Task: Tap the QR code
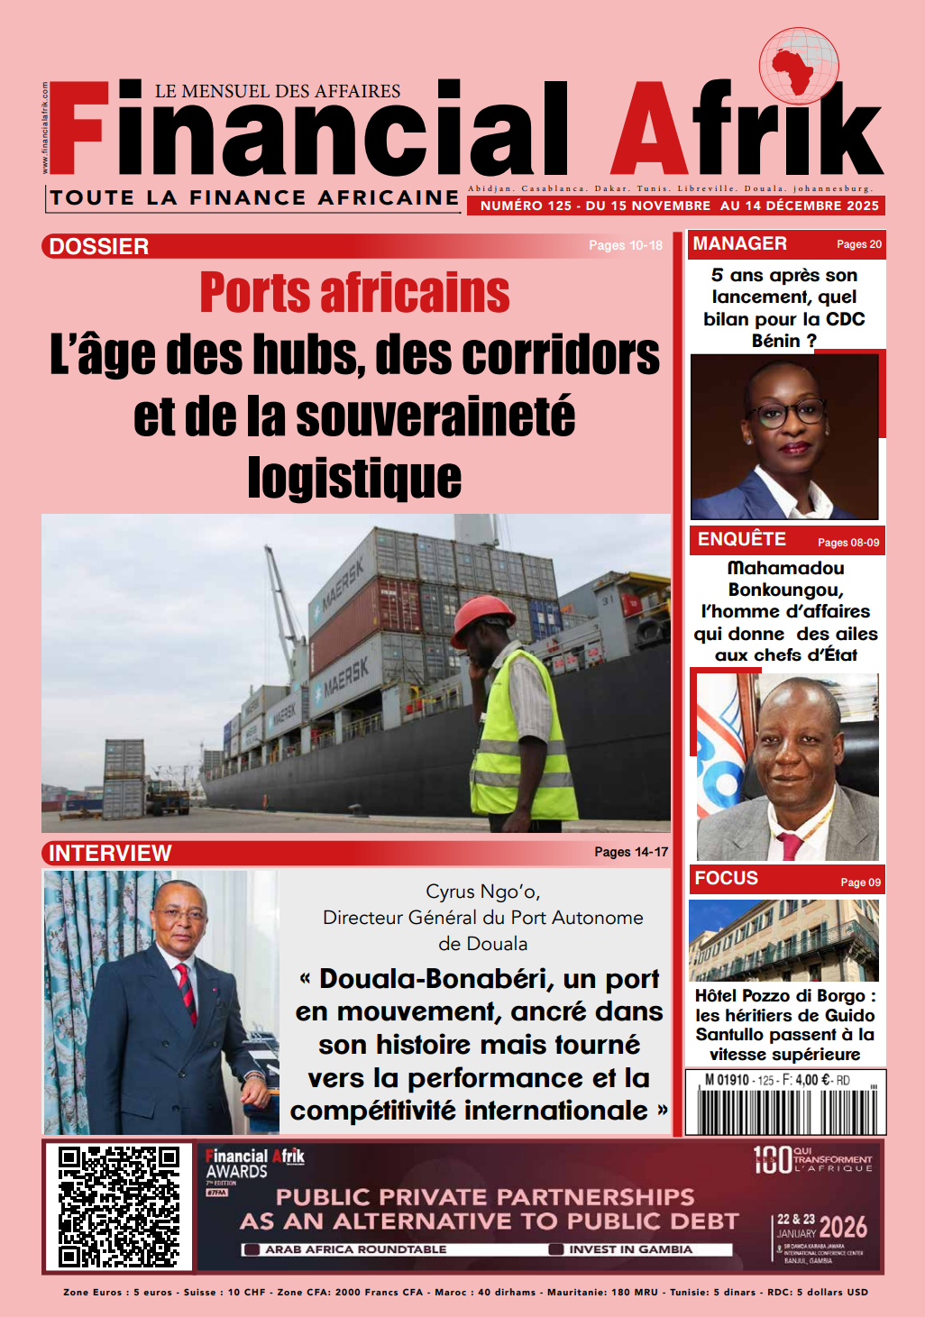(x=119, y=1206)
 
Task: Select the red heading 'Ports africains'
(x=354, y=293)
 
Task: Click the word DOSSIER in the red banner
(x=99, y=246)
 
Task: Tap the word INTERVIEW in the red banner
(x=110, y=853)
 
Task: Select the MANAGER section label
(x=739, y=243)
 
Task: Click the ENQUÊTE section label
(x=741, y=539)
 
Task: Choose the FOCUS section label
(x=726, y=878)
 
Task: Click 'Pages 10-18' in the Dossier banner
(x=625, y=245)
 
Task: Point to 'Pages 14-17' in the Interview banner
(x=631, y=852)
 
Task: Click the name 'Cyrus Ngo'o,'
(x=482, y=892)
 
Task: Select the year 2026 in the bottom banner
(x=843, y=1226)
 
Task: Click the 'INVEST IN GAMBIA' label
(x=630, y=1249)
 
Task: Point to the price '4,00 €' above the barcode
(x=812, y=1080)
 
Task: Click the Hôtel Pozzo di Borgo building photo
(x=783, y=940)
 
